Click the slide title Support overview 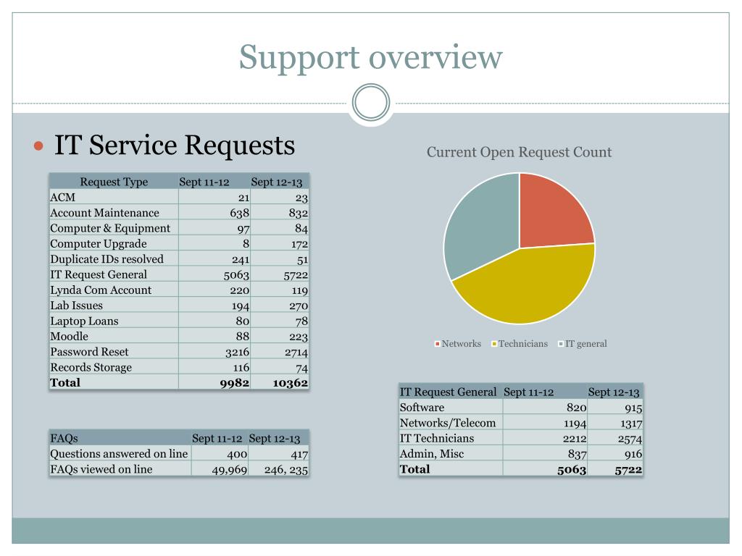tap(370, 57)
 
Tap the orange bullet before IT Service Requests tap(39, 146)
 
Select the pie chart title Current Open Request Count tap(519, 152)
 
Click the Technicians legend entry tap(522, 344)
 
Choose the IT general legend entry tap(585, 344)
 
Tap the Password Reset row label tap(89, 352)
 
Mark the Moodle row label tap(70, 337)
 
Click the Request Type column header tap(114, 182)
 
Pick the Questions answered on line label tap(119, 454)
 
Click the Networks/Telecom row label tap(448, 423)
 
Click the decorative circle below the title tap(371, 103)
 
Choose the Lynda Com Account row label tap(101, 290)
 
